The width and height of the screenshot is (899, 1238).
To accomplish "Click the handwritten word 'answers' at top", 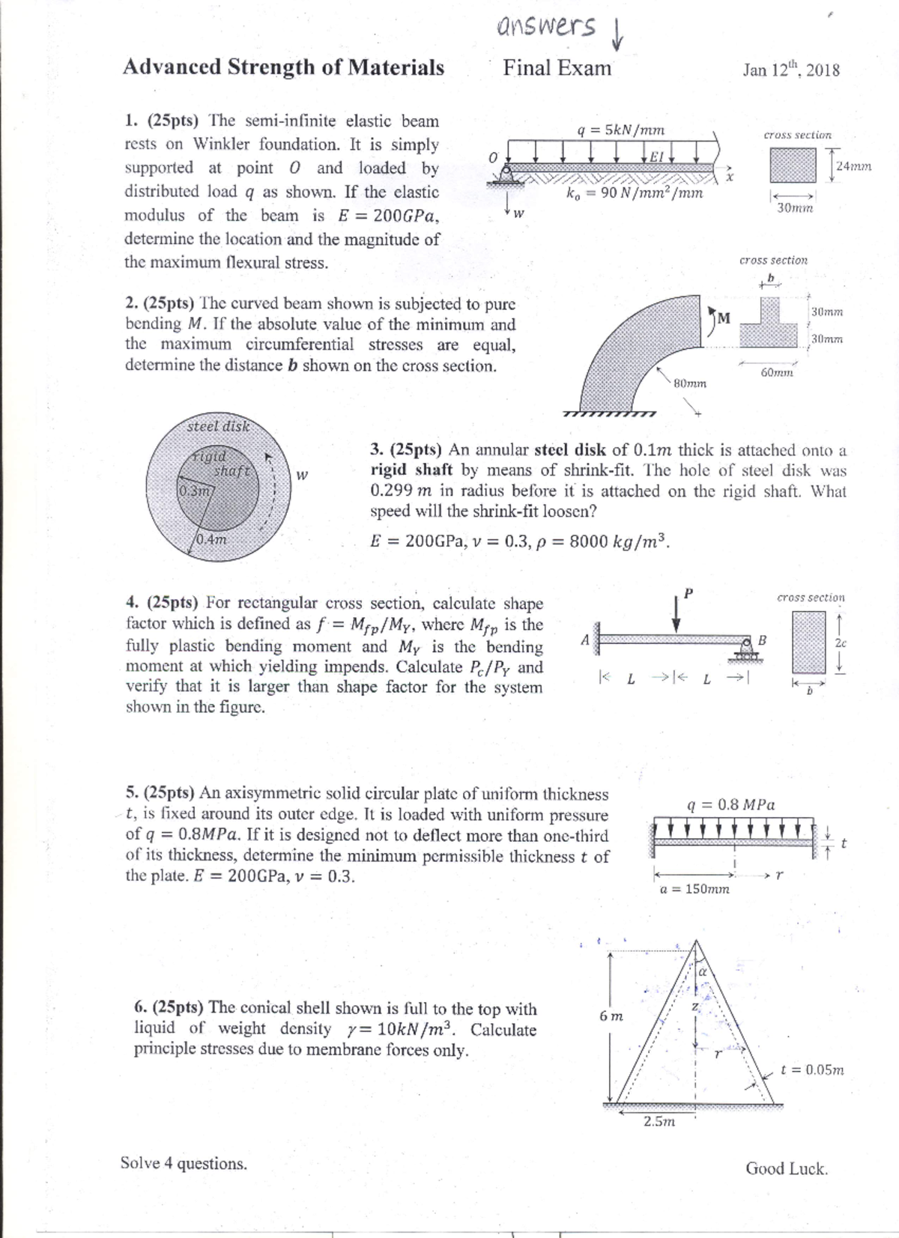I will (x=546, y=27).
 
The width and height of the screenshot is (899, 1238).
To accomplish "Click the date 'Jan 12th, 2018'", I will (x=791, y=70).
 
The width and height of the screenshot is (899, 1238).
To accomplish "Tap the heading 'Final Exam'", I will (x=557, y=68).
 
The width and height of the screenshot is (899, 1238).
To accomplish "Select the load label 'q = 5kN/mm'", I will (x=620, y=130).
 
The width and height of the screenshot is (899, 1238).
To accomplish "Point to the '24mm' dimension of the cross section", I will (x=854, y=166).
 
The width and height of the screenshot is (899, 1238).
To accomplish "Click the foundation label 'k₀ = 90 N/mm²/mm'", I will (x=635, y=193).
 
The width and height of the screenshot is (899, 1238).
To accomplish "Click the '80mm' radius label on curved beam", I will (x=690, y=383).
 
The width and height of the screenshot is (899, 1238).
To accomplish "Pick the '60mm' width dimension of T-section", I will (x=776, y=372).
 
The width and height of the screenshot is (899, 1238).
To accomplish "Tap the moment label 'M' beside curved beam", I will (x=723, y=318).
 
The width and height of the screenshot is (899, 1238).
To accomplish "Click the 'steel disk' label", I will (x=218, y=426).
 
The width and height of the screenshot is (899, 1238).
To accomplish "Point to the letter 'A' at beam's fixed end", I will (x=585, y=640).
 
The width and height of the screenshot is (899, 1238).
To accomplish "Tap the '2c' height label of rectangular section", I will (x=841, y=643).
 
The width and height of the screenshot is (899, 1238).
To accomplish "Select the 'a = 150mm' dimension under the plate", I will (x=694, y=889).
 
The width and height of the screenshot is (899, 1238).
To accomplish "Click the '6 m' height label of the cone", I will (x=611, y=1016).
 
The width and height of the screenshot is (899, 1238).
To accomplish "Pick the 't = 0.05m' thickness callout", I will (x=812, y=1069).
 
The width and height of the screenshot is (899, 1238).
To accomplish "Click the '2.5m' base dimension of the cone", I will (x=659, y=1121).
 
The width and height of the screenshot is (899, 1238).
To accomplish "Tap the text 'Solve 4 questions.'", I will (x=184, y=1163).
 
